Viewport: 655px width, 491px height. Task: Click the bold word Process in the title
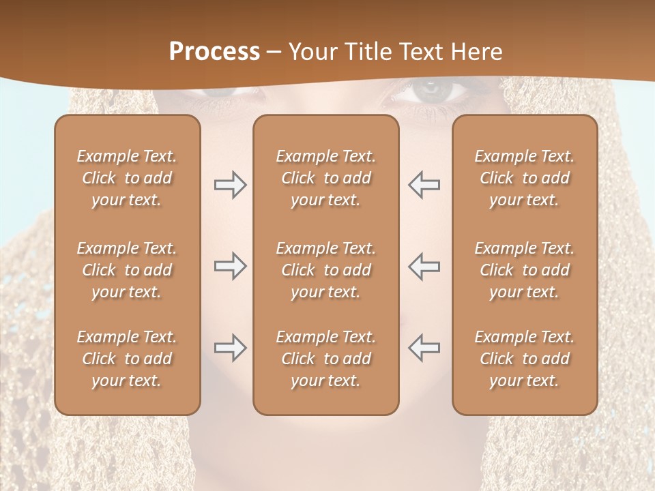214,52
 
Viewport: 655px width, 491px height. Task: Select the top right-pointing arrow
230,185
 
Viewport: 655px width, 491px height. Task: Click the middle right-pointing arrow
230,266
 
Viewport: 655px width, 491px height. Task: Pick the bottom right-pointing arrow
230,348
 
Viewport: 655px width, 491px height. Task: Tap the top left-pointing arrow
424,185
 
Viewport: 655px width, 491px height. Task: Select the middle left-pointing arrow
424,266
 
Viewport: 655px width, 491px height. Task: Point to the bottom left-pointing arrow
424,348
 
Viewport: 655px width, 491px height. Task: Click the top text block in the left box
127,178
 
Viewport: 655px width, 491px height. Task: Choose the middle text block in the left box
127,270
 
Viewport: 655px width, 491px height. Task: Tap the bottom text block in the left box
127,359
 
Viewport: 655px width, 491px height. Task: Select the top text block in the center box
325,178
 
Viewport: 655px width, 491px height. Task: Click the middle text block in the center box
325,270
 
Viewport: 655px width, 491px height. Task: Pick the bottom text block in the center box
325,359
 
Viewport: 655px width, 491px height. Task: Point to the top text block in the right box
524,178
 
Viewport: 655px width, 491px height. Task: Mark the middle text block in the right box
524,270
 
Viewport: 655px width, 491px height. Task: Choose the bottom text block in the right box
524,359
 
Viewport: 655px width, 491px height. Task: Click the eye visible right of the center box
428,91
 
